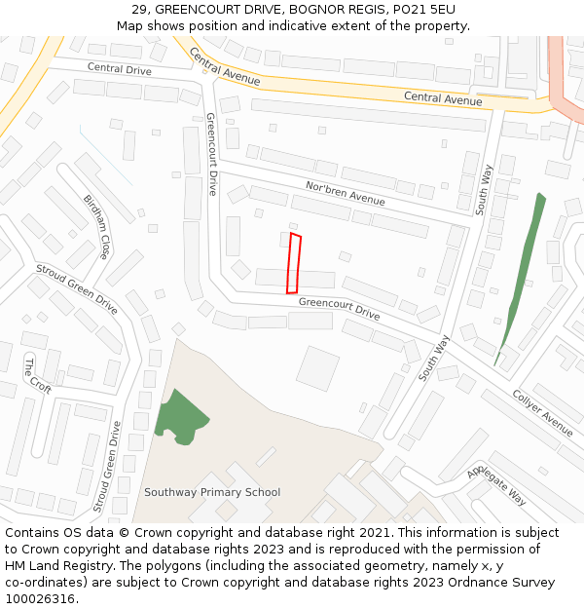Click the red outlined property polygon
tap(294, 263)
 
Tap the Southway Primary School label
tap(212, 492)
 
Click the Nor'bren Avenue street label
tap(346, 193)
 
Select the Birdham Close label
tap(96, 227)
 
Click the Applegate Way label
tap(496, 483)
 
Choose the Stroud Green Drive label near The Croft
tap(77, 288)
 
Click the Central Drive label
tap(120, 69)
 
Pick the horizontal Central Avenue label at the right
tap(443, 98)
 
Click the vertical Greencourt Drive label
tap(211, 154)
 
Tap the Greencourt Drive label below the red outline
tap(339, 308)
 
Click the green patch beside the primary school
tap(179, 417)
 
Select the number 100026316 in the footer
tap(40, 599)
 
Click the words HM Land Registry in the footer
tap(55, 566)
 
